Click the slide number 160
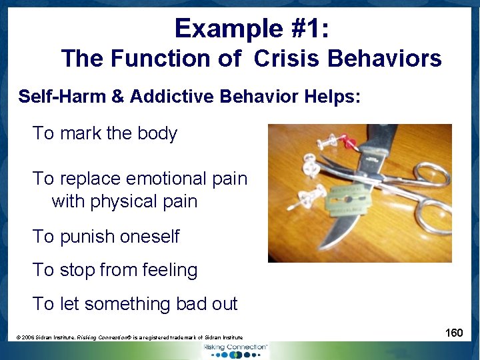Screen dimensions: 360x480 point(454,332)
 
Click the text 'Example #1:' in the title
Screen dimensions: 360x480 point(251,28)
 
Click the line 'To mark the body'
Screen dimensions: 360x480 point(105,133)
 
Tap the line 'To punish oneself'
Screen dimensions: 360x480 point(106,236)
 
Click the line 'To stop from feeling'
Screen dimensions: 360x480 point(115,270)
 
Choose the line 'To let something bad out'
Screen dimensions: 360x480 point(135,304)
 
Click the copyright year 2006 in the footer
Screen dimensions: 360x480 point(31,338)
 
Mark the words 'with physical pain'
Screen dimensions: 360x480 point(124,201)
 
